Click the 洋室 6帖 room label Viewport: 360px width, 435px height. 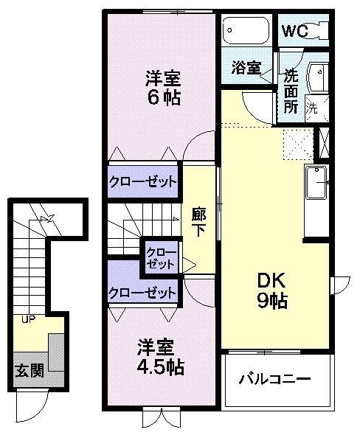[162, 87]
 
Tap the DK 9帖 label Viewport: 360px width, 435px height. [271, 290]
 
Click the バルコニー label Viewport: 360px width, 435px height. [274, 380]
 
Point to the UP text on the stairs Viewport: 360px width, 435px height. [28, 319]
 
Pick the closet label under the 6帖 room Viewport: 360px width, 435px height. [143, 181]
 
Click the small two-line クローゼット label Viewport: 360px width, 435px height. [161, 258]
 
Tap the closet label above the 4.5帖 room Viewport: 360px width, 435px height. [143, 293]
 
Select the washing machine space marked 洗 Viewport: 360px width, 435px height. [313, 106]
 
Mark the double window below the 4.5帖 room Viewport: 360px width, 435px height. [161, 417]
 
